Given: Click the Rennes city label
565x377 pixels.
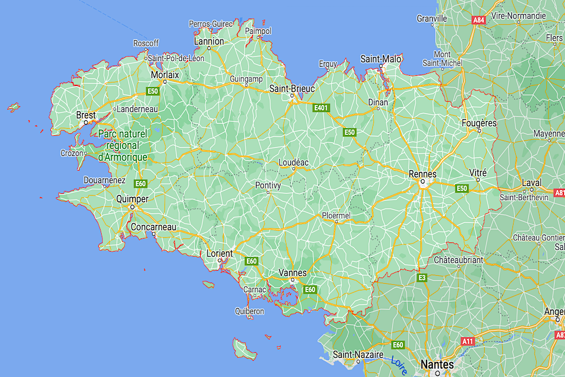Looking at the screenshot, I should point(423,174).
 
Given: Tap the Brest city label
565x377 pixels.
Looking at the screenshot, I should point(86,115).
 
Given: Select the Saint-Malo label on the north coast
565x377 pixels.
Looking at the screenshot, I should point(381,59).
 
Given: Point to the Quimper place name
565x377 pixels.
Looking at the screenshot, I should point(132,199).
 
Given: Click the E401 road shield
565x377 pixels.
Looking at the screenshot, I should point(321,107).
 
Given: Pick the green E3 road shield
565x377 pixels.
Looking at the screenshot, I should point(422,278).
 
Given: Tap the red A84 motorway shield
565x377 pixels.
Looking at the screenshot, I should point(479,20).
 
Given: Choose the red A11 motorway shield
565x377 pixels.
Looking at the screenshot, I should point(468,341).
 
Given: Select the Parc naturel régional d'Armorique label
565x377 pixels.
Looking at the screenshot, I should point(123,146).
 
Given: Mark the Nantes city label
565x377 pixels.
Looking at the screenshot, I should point(437,365).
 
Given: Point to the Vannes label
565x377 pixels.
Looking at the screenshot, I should point(293,273).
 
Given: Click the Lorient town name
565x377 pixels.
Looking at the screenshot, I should point(219,254).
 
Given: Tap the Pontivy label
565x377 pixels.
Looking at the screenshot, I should point(268,185).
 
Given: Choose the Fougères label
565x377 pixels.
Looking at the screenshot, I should point(479,123).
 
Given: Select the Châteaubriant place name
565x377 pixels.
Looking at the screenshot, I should point(459,260).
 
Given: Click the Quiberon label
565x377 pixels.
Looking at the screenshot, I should point(250,311).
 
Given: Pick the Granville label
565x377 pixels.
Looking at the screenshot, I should point(432,18).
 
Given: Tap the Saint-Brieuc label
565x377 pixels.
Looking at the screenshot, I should point(291,88).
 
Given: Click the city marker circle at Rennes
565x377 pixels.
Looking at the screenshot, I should point(422,182).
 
